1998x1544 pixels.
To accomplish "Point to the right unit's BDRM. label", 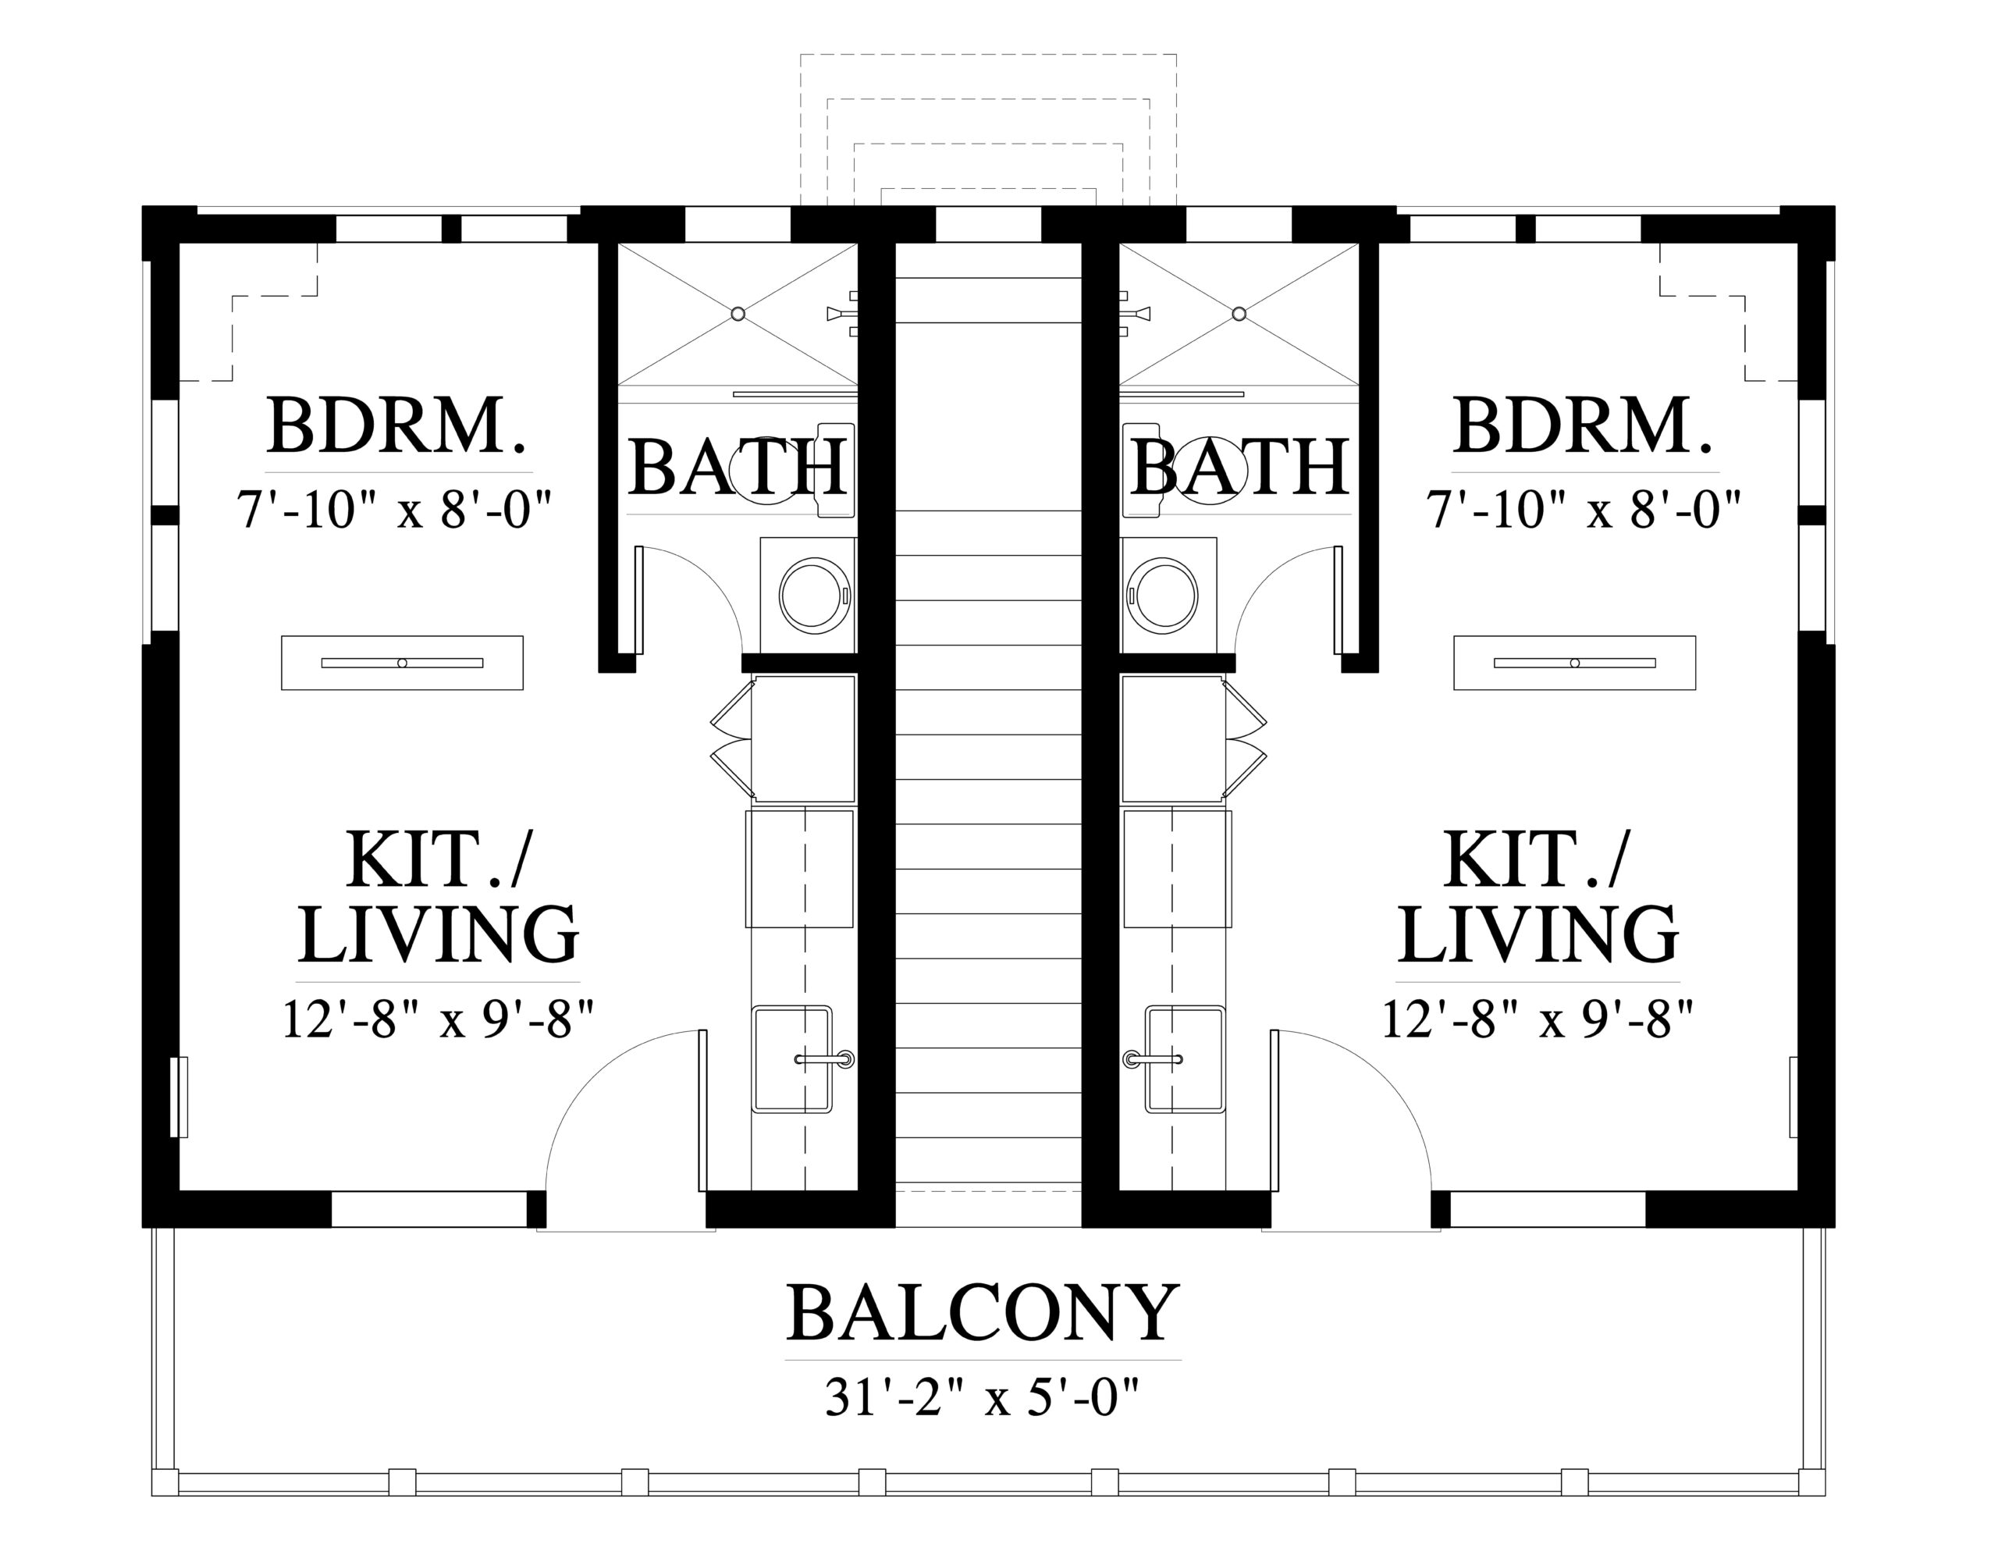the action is click(1583, 426).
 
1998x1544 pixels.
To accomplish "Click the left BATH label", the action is click(737, 468).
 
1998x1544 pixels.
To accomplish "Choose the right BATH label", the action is click(1240, 468).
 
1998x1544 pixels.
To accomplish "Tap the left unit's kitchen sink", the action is click(792, 1060).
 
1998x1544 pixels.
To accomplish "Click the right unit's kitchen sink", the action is click(1186, 1060).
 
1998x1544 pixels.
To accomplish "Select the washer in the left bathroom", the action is click(809, 595).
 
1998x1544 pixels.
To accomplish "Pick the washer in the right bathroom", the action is click(1168, 595).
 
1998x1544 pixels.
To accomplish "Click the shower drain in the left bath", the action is click(738, 314).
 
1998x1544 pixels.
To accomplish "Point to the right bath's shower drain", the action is click(1239, 314).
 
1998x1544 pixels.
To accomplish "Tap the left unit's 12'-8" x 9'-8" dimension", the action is click(438, 1019).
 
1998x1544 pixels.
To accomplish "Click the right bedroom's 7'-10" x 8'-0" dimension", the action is click(1583, 510).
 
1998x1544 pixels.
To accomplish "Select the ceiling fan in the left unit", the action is click(402, 663).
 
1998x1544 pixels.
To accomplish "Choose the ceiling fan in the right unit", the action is click(1574, 663).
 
